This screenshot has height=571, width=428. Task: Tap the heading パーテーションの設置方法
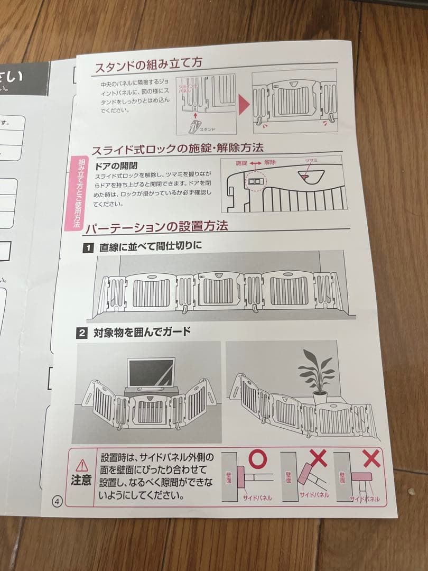tap(156, 227)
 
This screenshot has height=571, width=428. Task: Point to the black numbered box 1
tap(88, 247)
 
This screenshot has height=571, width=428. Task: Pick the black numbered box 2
tap(82, 333)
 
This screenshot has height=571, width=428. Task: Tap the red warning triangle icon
tap(82, 465)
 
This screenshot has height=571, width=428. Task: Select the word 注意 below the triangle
tap(81, 481)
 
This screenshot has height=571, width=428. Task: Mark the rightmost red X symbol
tap(371, 458)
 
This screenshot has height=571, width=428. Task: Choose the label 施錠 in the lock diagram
tap(241, 163)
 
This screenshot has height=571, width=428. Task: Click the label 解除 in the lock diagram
tap(271, 163)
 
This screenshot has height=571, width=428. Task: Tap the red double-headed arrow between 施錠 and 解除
tap(256, 163)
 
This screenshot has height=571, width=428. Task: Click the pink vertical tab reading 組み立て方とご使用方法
tap(75, 194)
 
